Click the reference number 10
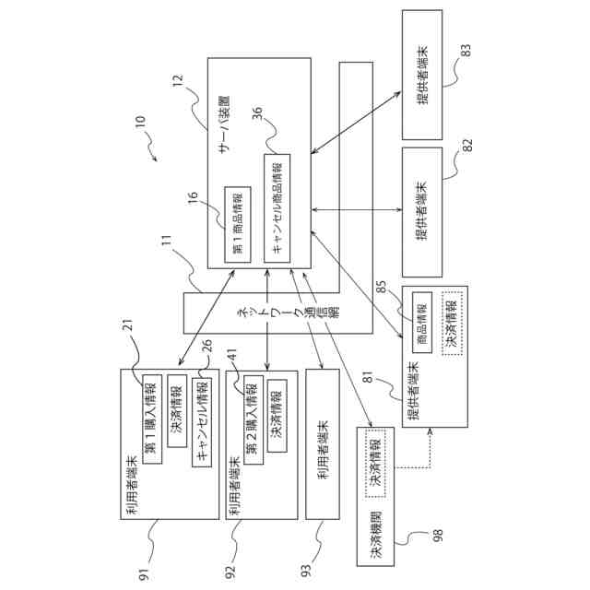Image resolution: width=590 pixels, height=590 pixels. (139, 123)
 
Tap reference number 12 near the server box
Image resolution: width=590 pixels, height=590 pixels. (178, 80)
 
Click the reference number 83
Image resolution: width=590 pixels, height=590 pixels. (466, 51)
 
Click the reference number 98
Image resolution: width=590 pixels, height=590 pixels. (439, 535)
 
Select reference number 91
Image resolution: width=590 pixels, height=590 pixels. (145, 574)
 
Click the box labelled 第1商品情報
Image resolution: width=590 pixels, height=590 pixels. (238, 225)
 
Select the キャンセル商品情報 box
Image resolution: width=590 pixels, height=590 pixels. (277, 208)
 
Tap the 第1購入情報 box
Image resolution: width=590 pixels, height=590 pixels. (152, 419)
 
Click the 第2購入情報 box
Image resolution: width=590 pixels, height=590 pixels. (254, 419)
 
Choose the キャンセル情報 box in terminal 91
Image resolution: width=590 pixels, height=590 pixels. (202, 422)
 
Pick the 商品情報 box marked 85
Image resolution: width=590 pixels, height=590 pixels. (422, 323)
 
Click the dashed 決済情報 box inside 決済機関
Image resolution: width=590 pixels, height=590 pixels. (375, 463)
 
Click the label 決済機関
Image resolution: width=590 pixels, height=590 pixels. (376, 534)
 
